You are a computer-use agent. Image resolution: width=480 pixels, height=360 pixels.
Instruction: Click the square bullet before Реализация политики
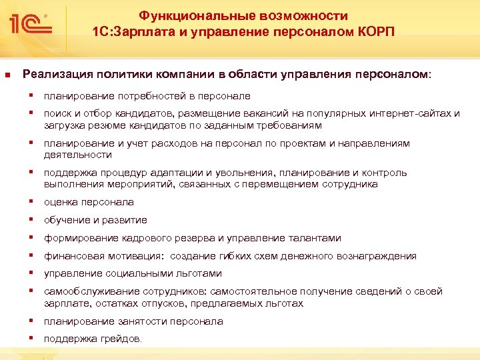8,75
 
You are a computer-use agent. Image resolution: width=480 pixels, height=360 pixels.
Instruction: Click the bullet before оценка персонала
32,201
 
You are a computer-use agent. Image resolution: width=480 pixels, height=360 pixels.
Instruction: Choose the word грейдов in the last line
123,339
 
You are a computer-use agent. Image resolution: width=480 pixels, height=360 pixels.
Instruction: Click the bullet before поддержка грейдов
32,338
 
